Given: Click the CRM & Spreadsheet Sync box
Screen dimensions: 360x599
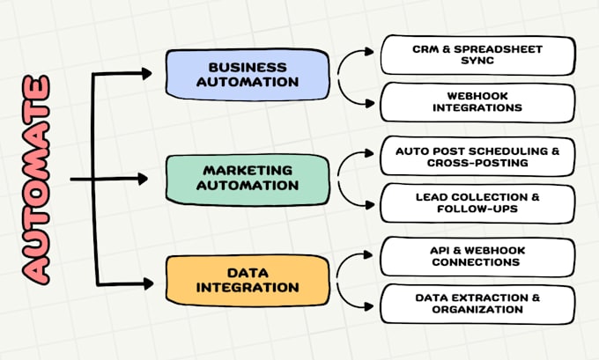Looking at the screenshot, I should click(477, 55).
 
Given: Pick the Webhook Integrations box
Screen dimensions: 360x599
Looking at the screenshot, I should click(477, 100).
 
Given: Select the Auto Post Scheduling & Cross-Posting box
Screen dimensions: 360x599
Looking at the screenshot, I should click(477, 156).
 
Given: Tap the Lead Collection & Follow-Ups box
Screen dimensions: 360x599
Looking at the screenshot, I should click(477, 203).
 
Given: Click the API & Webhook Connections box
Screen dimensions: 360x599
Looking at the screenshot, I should click(477, 256).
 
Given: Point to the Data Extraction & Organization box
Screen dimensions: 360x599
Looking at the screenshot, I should click(477, 303).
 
